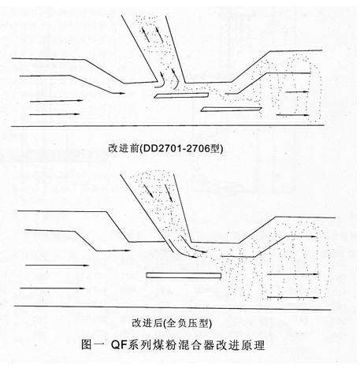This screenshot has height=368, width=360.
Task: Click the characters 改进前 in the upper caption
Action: (123, 148)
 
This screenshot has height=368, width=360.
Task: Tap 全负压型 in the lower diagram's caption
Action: (188, 323)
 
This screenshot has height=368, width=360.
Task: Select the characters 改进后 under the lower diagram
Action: (147, 323)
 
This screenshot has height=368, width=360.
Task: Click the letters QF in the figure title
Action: (119, 344)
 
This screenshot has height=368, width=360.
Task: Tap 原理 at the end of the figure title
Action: (253, 344)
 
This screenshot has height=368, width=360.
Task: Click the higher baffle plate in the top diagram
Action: (181, 95)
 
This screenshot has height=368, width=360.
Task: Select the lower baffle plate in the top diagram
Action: (231, 109)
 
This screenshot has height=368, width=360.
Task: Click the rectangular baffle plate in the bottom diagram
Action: (184, 276)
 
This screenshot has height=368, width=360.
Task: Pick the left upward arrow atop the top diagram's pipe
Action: (146, 34)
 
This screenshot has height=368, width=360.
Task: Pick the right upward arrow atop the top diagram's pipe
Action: (160, 34)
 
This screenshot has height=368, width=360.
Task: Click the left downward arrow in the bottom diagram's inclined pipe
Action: (148, 191)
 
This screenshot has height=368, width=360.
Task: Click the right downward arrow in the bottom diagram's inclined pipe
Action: (169, 193)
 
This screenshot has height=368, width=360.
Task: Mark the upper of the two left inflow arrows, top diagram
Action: (57, 101)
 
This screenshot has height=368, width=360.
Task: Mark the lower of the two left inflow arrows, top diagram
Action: (54, 114)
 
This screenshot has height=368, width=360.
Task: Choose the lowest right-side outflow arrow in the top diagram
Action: (293, 115)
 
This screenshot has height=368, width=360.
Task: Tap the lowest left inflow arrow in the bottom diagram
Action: (52, 288)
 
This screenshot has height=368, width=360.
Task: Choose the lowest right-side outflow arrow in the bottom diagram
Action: (293, 298)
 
